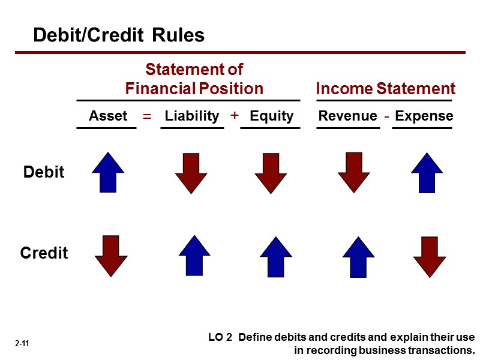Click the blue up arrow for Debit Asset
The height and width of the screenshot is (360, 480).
(x=108, y=172)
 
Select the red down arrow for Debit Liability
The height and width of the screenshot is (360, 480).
(x=191, y=172)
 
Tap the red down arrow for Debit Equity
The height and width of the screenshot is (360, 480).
(x=271, y=172)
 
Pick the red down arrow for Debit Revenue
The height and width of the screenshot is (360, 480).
(x=354, y=172)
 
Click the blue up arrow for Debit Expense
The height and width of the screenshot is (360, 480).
(x=427, y=172)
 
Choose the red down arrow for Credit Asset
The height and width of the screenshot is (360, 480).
(x=111, y=256)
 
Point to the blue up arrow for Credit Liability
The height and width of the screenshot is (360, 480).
(x=194, y=254)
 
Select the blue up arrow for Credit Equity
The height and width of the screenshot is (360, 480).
(x=275, y=256)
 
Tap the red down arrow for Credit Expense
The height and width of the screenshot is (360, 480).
(x=430, y=257)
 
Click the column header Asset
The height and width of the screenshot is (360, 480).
(x=108, y=116)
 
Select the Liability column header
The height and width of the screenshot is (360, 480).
(x=192, y=116)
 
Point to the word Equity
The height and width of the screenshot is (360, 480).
(x=271, y=116)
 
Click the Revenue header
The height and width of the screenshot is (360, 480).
(x=348, y=116)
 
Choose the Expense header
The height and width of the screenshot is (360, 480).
(x=424, y=116)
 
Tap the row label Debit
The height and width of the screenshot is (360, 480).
(x=43, y=172)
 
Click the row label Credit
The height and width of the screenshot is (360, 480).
(x=44, y=253)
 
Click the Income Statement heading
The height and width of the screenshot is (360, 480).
(x=385, y=89)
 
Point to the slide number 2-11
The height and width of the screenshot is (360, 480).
(x=23, y=344)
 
